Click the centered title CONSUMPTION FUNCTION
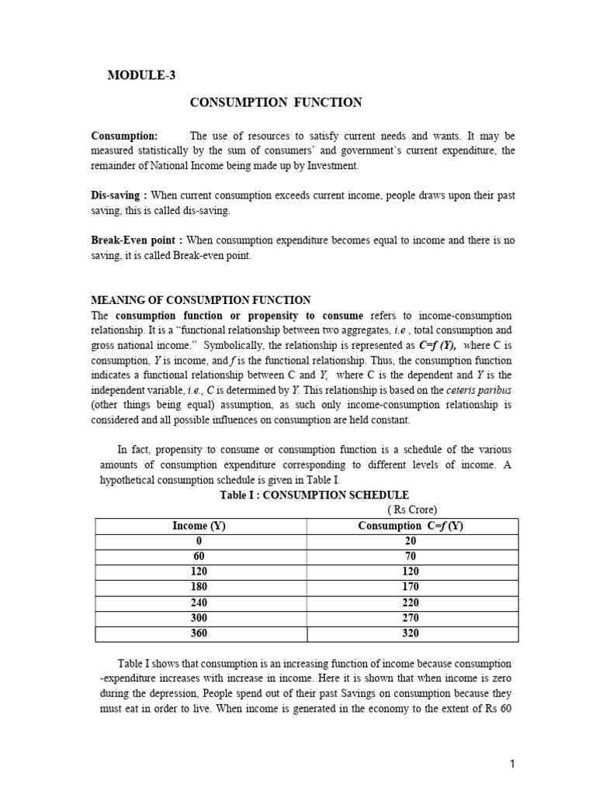[x=277, y=102]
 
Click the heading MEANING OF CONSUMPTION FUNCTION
[x=201, y=300]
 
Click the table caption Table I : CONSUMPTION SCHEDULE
[x=303, y=495]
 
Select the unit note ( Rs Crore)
[x=412, y=509]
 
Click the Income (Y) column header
[x=199, y=526]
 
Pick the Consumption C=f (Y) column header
[x=411, y=526]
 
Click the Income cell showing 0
[x=199, y=542]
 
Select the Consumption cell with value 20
[x=411, y=542]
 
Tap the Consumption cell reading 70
[x=411, y=558]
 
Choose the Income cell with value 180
[x=199, y=588]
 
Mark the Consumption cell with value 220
[x=411, y=603]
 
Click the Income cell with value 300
[x=199, y=618]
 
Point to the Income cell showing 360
[x=199, y=633]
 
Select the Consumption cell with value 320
[x=411, y=633]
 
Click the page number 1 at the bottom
[x=513, y=765]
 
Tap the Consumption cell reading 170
[x=411, y=588]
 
